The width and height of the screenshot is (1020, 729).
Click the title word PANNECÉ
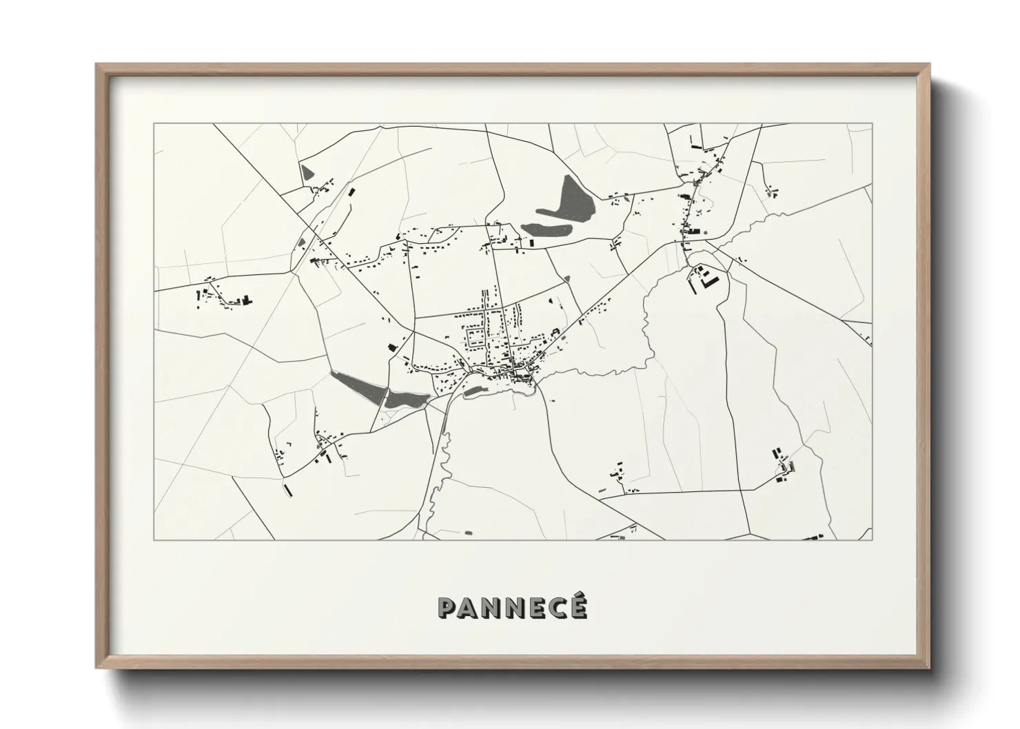coord(513,607)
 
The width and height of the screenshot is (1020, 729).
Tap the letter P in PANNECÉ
coord(447,607)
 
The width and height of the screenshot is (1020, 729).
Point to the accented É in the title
coord(577,606)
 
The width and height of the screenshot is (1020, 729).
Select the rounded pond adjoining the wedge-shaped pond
coord(405,398)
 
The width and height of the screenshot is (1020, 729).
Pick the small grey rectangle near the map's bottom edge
coord(469,532)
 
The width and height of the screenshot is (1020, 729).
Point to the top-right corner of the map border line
coord(872,124)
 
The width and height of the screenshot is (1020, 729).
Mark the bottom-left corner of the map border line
coord(154,540)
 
